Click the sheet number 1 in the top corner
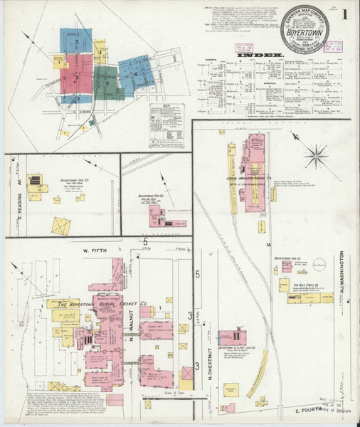[344, 14]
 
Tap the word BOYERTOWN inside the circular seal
[304, 32]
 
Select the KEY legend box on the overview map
[166, 125]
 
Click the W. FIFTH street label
[93, 250]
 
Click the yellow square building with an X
[62, 227]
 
